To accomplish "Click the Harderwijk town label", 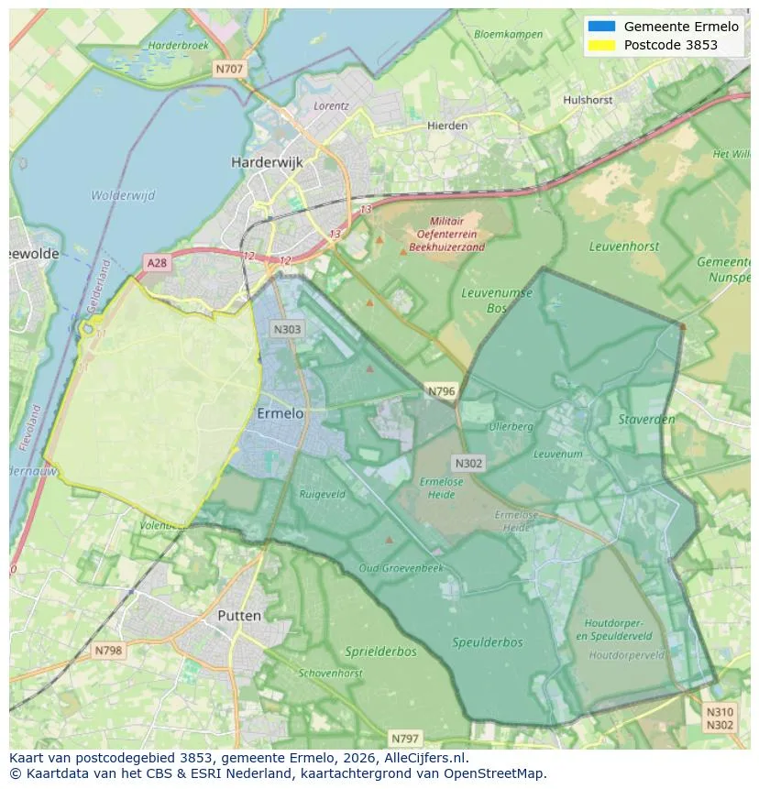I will [x=267, y=162].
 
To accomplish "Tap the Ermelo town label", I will [x=280, y=414].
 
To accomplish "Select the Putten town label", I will [x=239, y=616].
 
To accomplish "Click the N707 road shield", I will [x=229, y=69].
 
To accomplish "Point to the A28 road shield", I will [x=158, y=263].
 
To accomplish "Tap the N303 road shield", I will [x=287, y=328].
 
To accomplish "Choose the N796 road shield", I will [x=441, y=391].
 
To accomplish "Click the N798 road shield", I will [x=108, y=651].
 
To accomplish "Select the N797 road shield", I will [x=404, y=738].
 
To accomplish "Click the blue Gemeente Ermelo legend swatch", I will [x=602, y=27].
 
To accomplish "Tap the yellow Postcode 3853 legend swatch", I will [x=602, y=45].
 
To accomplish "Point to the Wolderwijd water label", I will [x=123, y=195].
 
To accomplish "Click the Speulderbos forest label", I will [x=488, y=642].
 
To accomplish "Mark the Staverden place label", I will [x=647, y=420].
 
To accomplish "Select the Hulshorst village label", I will [x=588, y=99].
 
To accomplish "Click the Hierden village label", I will [x=447, y=126].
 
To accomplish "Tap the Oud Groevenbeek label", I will [x=401, y=568].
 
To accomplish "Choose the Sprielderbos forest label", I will [x=380, y=652].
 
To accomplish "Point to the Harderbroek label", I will [x=179, y=45].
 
